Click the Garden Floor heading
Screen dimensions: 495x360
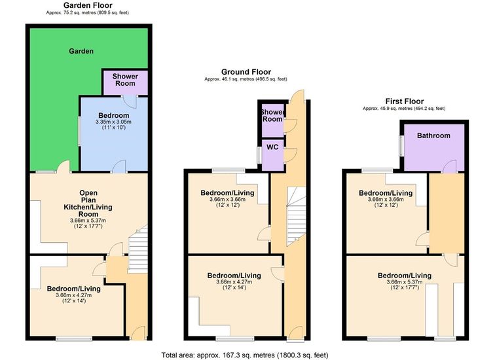click(88, 5)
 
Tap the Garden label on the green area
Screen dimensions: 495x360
click(81, 51)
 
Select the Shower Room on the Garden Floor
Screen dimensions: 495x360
click(125, 81)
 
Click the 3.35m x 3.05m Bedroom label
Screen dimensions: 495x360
click(114, 122)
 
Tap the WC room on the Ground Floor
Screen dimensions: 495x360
click(272, 155)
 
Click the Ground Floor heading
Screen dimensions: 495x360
click(246, 71)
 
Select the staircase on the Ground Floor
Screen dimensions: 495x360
click(296, 216)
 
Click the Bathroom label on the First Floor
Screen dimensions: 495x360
click(433, 135)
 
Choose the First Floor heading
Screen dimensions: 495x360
click(405, 101)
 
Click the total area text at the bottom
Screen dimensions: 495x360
click(245, 355)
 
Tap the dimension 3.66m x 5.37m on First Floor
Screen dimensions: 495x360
click(405, 282)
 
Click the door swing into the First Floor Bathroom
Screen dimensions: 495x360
click(450, 167)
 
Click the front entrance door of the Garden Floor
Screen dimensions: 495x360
click(137, 333)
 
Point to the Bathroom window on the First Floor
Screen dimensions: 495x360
click(401, 145)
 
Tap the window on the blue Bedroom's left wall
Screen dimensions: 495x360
click(79, 131)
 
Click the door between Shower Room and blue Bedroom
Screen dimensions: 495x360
click(130, 101)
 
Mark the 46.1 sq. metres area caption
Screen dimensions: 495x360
click(246, 79)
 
